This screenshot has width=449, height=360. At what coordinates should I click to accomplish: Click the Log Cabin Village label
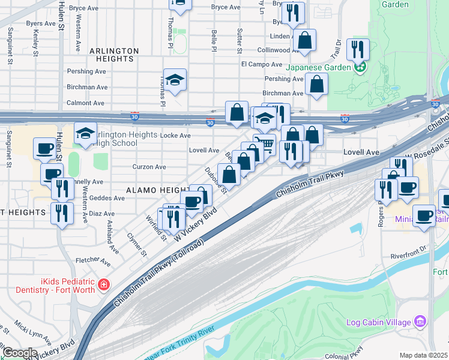[379, 322]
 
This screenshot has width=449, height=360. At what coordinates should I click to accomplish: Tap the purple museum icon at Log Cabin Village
[421, 322]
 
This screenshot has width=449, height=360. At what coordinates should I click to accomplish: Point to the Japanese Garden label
[318, 67]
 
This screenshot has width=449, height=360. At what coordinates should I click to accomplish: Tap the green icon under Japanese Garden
[360, 67]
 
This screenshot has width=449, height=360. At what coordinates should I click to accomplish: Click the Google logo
[20, 353]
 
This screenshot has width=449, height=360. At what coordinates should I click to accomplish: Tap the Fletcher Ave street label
[93, 261]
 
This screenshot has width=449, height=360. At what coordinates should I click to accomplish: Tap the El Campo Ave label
[261, 64]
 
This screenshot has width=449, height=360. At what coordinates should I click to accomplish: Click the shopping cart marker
[264, 144]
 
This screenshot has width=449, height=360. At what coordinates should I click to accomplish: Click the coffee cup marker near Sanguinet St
[45, 148]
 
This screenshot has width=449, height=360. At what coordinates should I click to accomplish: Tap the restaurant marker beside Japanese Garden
[358, 49]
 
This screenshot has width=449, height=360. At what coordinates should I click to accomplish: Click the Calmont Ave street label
[86, 103]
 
